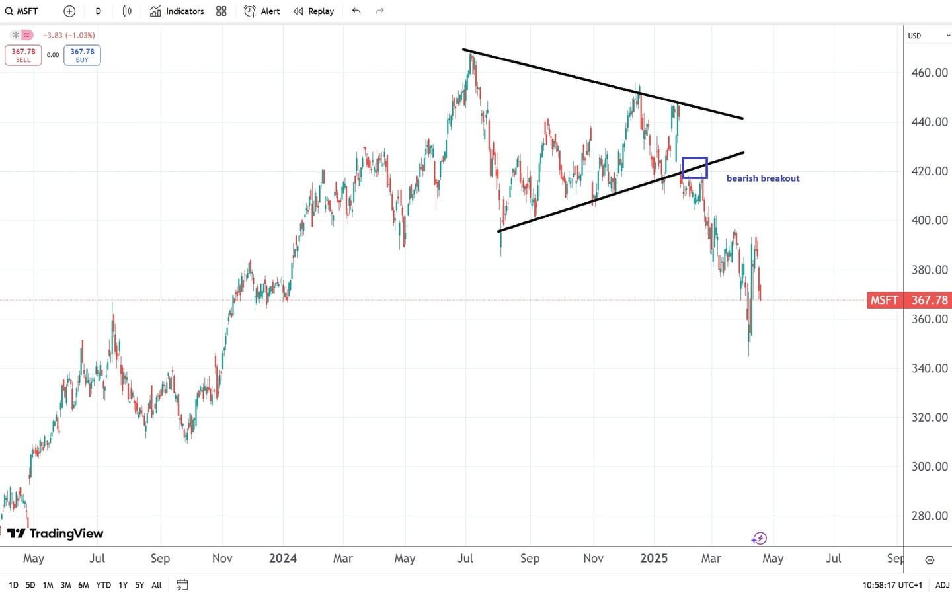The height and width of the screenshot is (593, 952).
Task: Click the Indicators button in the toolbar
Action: tap(177, 11)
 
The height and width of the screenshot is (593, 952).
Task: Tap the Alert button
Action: tap(262, 11)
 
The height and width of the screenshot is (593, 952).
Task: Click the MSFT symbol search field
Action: tap(22, 11)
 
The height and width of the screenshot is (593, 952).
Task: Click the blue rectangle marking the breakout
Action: tap(695, 168)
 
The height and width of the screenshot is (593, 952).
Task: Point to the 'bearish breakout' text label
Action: tap(763, 178)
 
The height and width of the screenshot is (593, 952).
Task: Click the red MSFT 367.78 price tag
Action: tap(909, 300)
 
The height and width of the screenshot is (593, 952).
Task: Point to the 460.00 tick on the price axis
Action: tap(929, 73)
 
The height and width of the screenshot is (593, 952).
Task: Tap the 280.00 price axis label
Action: tap(929, 516)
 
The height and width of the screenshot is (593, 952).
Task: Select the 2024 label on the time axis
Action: tap(283, 559)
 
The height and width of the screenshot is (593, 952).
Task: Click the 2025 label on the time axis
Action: tap(654, 559)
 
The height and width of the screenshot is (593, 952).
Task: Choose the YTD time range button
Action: tap(103, 585)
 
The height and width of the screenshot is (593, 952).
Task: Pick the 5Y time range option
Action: tap(139, 585)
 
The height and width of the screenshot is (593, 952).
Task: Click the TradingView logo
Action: tap(56, 534)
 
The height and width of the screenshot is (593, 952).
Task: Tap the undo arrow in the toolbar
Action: tap(356, 11)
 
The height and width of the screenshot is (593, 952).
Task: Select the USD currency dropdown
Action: tap(928, 36)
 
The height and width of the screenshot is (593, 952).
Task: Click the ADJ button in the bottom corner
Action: tap(942, 585)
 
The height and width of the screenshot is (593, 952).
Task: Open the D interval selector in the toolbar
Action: tap(99, 11)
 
